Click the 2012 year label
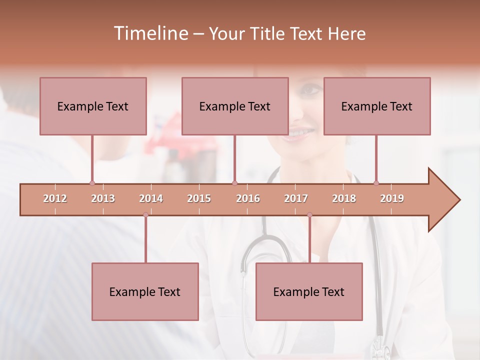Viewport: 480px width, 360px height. [x=55, y=198]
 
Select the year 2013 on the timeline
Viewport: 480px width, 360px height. [x=103, y=198]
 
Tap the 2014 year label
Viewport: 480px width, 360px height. [x=151, y=198]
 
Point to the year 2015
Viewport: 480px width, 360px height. [x=199, y=198]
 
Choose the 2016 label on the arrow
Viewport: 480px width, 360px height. [x=248, y=198]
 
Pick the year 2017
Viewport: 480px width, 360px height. [x=296, y=198]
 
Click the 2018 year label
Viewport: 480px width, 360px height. [x=344, y=198]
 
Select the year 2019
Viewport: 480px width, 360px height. [x=392, y=198]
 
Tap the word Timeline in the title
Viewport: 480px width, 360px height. [x=149, y=33]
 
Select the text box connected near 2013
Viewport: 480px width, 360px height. [x=93, y=106]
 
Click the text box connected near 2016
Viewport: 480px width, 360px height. [x=235, y=106]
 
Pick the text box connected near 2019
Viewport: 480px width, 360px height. [x=377, y=106]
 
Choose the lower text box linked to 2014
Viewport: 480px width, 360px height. [x=145, y=291]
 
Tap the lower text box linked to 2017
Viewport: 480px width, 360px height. [x=309, y=291]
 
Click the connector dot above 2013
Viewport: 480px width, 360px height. [x=92, y=183]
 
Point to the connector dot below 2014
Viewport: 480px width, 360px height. [x=145, y=215]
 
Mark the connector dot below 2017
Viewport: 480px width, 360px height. [x=309, y=215]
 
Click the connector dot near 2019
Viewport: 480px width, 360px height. [x=376, y=183]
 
